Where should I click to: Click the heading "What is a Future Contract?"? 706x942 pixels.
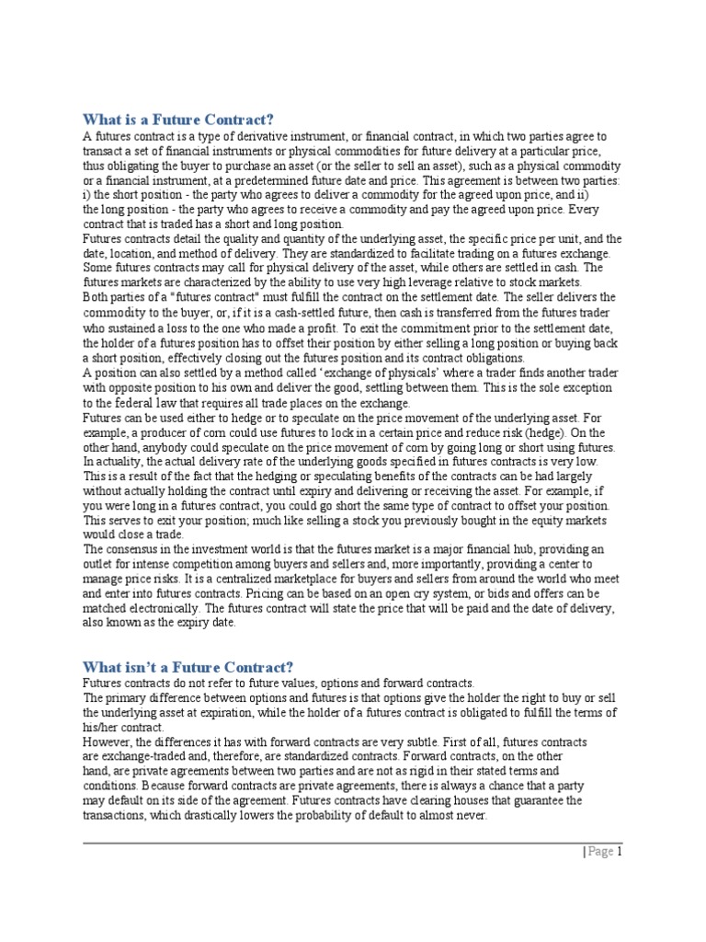(x=178, y=120)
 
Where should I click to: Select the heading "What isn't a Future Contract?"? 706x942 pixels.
(x=188, y=666)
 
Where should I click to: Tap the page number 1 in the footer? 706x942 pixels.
(x=620, y=852)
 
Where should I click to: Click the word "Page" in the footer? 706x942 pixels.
(x=600, y=852)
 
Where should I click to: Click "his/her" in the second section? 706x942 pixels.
(x=101, y=727)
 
